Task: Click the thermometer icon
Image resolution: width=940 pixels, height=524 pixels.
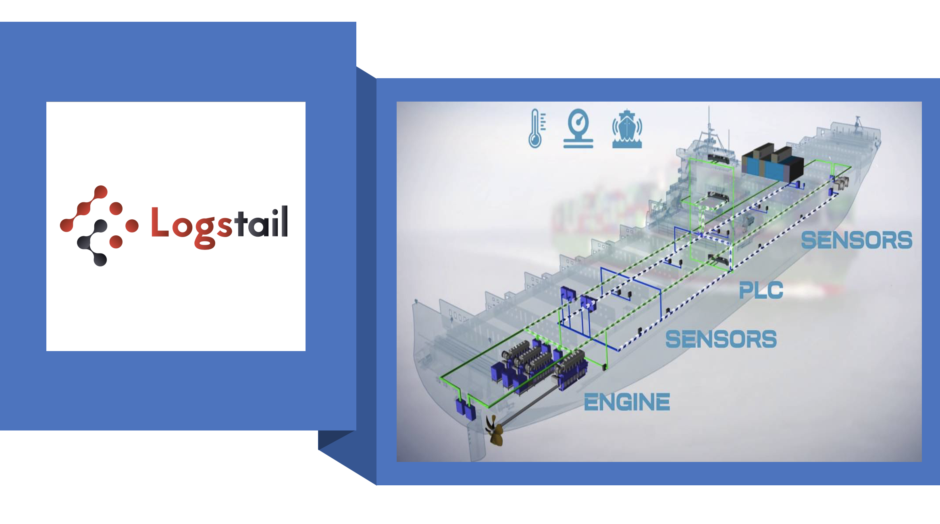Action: (536, 129)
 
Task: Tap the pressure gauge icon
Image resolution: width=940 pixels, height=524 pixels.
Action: (578, 129)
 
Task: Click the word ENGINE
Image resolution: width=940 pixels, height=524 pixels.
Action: (627, 402)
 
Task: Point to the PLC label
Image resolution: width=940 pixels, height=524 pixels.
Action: (761, 290)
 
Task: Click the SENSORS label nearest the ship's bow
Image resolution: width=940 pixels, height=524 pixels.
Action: (856, 240)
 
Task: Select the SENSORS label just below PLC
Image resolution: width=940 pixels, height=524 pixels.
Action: (721, 339)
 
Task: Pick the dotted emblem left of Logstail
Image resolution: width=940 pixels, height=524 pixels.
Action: (99, 226)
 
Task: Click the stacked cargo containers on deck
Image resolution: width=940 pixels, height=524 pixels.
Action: (772, 163)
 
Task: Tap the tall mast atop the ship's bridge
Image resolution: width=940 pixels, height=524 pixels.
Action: (709, 121)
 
